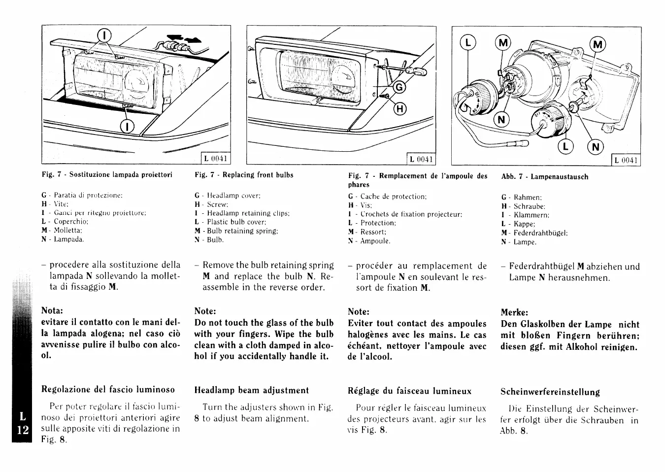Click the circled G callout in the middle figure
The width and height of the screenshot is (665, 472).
399,88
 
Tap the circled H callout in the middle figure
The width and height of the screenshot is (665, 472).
399,109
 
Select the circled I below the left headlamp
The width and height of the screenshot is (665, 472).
127,127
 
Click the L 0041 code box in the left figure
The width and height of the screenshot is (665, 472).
216,159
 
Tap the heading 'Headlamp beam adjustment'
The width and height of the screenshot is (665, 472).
251,390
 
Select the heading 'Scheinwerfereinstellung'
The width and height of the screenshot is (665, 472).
550,392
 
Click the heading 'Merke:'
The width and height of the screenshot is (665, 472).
514,312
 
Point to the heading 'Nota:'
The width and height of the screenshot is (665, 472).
53,311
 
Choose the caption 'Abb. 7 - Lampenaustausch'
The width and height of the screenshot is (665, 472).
544,176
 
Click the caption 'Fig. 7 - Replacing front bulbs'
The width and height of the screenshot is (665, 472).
244,175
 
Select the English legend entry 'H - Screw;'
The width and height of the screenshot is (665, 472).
212,204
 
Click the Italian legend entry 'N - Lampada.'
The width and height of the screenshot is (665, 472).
63,239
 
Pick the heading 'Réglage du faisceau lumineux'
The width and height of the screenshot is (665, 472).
409,391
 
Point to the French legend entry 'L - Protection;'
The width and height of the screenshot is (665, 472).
372,223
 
